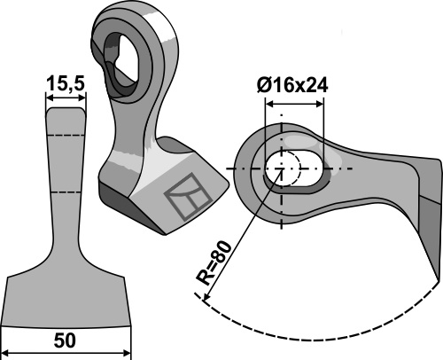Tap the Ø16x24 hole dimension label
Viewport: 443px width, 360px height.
point(295,86)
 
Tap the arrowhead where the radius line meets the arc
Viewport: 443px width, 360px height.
point(206,301)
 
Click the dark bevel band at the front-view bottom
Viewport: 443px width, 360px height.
point(67,312)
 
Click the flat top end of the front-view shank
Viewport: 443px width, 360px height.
point(66,106)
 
